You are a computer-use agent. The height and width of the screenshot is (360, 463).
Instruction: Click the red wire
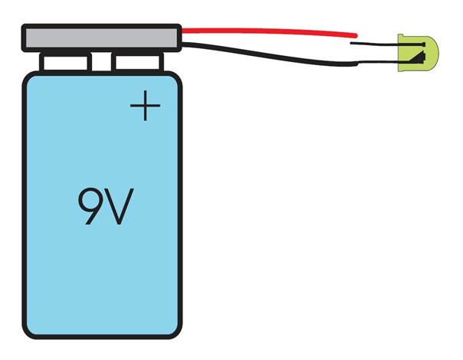pyautogui.click(x=268, y=31)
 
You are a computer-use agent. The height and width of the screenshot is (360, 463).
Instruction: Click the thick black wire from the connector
pyautogui.click(x=268, y=56)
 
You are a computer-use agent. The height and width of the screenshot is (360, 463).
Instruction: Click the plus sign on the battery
pyautogui.click(x=145, y=107)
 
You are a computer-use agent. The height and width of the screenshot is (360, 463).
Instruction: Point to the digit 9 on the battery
pyautogui.click(x=90, y=206)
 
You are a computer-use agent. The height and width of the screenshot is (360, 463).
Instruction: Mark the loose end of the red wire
pyautogui.click(x=356, y=34)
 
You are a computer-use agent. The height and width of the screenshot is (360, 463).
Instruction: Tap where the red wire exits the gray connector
pyautogui.click(x=183, y=31)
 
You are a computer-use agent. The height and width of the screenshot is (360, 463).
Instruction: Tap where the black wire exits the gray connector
pyautogui.click(x=183, y=43)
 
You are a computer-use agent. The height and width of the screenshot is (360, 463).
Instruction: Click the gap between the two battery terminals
pyautogui.click(x=103, y=61)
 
